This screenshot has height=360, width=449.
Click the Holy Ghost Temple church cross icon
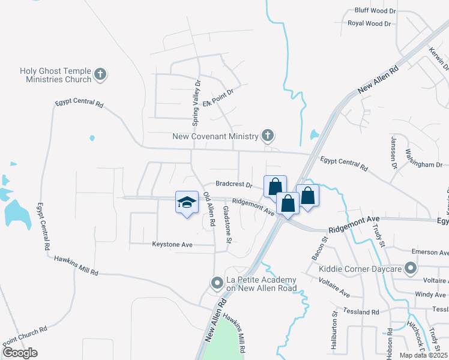click(x=100, y=75)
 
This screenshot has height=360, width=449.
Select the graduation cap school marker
click(x=187, y=202)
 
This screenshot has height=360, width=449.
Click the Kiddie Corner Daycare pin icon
click(x=410, y=268)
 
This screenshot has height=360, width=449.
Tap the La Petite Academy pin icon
click(x=217, y=282)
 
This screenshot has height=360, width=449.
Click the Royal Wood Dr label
click(x=369, y=23)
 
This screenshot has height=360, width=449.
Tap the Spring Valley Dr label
click(x=195, y=104)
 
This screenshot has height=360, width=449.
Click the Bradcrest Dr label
click(x=234, y=185)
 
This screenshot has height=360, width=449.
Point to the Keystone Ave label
click(x=172, y=245)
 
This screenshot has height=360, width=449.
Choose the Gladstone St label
click(x=228, y=224)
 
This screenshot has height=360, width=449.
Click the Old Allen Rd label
click(x=209, y=209)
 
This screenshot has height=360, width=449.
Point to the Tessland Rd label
click(x=361, y=311)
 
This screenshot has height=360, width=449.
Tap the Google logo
click(x=20, y=353)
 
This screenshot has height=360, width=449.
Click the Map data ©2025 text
click(x=424, y=355)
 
